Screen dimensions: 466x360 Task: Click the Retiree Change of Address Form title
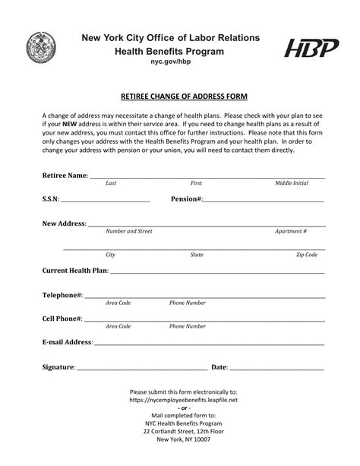point(180,97)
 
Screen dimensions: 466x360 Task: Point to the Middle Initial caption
point(291,184)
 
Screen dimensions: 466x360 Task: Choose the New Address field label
point(64,223)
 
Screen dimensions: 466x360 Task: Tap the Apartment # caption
point(291,231)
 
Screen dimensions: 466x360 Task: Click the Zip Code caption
point(306,255)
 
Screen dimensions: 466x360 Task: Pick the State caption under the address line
point(197,255)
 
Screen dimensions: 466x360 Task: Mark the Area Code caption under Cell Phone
point(118,326)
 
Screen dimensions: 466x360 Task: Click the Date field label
point(219,367)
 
